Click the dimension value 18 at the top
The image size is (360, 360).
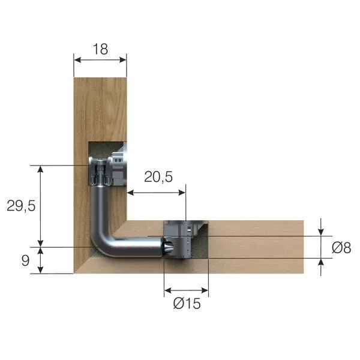click(x=100, y=49)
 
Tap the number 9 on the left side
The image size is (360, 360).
click(x=24, y=260)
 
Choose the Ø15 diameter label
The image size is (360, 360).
click(x=186, y=304)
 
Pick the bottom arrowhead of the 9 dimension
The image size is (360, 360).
click(x=41, y=270)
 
